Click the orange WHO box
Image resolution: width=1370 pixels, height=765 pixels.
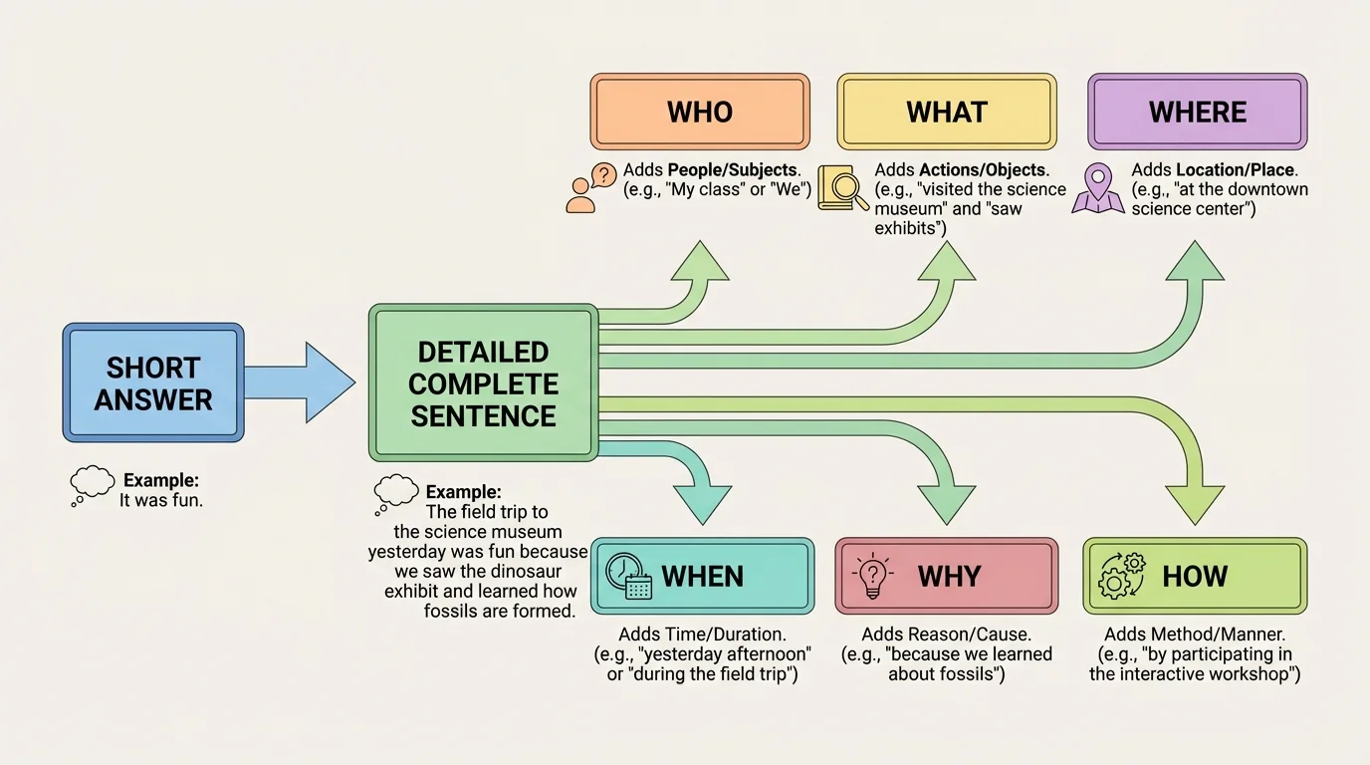click(699, 112)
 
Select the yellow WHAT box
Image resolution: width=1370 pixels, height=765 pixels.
click(946, 112)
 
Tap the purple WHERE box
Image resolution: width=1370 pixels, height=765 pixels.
click(1197, 112)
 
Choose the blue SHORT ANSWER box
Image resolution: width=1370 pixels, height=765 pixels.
click(152, 382)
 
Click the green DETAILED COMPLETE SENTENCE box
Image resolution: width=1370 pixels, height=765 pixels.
click(483, 383)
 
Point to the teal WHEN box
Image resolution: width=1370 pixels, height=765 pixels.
click(702, 576)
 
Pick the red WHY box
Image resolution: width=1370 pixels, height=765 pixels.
click(946, 576)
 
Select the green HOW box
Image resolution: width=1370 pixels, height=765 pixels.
click(1195, 576)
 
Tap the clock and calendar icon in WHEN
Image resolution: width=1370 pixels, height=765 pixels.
click(628, 576)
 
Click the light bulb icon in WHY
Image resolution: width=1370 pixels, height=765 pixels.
click(872, 576)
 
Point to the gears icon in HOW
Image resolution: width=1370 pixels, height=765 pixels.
click(1121, 575)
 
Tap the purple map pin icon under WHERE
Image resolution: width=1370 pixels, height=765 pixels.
click(1098, 190)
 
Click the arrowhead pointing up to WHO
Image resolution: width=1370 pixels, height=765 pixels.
click(702, 263)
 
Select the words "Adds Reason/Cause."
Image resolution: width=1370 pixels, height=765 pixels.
click(946, 635)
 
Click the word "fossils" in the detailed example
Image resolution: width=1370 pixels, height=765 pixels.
click(455, 611)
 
